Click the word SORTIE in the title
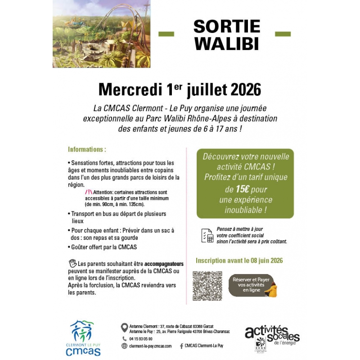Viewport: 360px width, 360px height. [227, 27]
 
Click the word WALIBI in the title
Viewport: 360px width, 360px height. [227, 44]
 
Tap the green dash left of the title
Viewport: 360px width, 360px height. [166, 34]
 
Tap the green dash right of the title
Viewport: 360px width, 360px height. [283, 34]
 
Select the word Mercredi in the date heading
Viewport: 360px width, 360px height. [128, 90]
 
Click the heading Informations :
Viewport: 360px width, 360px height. [87, 149]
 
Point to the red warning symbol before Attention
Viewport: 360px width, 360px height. [88, 192]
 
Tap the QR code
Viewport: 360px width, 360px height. [207, 286]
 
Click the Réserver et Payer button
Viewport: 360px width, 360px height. [252, 285]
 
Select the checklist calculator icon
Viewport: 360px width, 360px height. [207, 235]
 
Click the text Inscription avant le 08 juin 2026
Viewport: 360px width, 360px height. [239, 261]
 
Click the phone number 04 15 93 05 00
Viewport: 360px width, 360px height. [140, 338]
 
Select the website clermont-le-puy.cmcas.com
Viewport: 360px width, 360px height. [150, 346]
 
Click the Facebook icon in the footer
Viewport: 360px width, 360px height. [181, 346]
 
